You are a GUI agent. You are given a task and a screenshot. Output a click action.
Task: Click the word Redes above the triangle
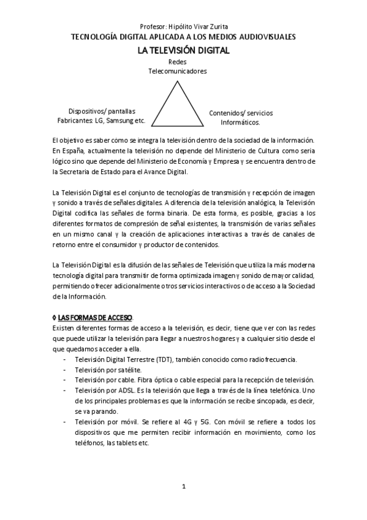(x=177, y=62)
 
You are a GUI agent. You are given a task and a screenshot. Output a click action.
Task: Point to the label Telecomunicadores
(x=177, y=71)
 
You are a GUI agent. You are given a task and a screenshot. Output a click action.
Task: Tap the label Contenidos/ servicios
(x=241, y=113)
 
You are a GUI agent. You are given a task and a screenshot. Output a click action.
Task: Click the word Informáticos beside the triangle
(x=241, y=123)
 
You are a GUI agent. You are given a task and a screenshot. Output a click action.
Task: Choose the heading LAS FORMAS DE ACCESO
(x=95, y=318)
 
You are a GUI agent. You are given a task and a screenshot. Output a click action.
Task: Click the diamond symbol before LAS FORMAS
(x=55, y=318)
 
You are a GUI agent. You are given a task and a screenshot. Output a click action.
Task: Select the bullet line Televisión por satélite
(x=108, y=370)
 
